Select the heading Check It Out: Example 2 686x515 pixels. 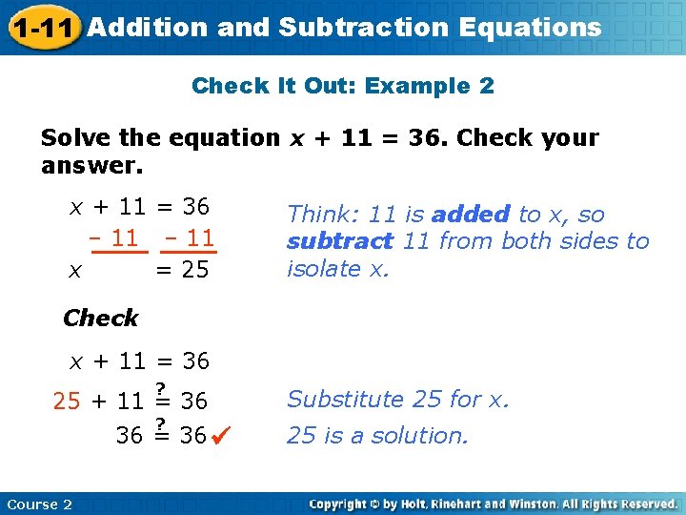click(x=343, y=86)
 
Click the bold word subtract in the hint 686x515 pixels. click(x=339, y=241)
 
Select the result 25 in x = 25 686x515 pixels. click(x=195, y=271)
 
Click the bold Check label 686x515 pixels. click(x=100, y=318)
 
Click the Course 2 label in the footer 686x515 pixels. click(x=39, y=504)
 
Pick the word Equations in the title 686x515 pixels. click(x=530, y=27)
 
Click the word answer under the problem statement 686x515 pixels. click(x=91, y=166)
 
